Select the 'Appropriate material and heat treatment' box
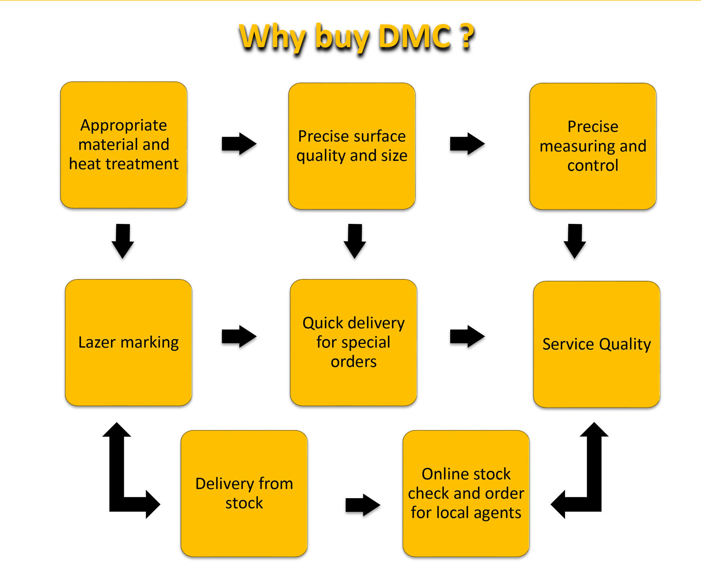click(x=124, y=145)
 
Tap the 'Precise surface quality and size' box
click(x=352, y=146)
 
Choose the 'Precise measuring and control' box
click(x=593, y=146)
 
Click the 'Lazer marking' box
click(x=129, y=342)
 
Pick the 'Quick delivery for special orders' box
click(x=353, y=342)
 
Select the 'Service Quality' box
click(x=597, y=344)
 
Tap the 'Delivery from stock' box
click(x=244, y=493)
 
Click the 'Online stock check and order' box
click(x=466, y=493)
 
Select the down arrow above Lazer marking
click(x=123, y=241)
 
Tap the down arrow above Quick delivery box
click(x=355, y=241)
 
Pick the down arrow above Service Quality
click(x=575, y=241)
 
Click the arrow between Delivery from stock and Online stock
click(x=363, y=505)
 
